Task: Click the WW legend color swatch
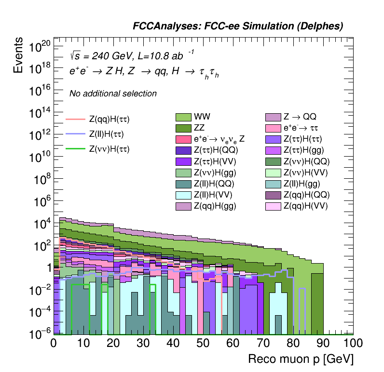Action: coord(183,117)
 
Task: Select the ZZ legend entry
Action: coord(183,128)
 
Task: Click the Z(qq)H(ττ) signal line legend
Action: coord(76,119)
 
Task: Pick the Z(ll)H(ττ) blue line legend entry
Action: coord(76,134)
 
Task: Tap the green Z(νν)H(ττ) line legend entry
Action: coord(76,149)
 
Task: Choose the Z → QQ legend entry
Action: coord(274,117)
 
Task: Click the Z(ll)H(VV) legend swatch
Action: coord(183,195)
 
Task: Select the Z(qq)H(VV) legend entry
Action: coord(274,206)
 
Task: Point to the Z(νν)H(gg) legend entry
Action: coord(183,173)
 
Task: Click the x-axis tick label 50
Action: coord(203,344)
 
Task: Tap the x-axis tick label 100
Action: coord(353,344)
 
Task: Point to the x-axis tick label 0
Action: coord(54,344)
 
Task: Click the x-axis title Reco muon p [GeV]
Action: coord(301,359)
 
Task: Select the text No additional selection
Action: coord(113,93)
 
